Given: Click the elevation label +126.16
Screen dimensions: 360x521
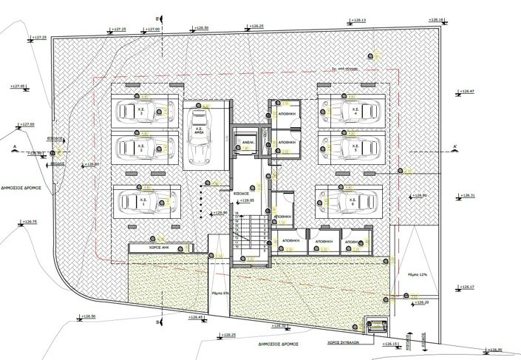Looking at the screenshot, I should [x=436, y=20].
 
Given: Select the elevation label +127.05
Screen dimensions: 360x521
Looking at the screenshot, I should [x=18, y=86].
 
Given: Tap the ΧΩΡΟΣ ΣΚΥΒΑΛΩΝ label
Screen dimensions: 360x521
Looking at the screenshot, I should [x=343, y=343].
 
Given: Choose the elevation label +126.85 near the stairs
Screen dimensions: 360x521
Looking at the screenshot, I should [x=247, y=200].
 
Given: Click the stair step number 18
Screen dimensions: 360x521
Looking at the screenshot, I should [x=236, y=214].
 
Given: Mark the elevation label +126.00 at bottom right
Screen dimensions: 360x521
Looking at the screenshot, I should [x=494, y=350].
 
